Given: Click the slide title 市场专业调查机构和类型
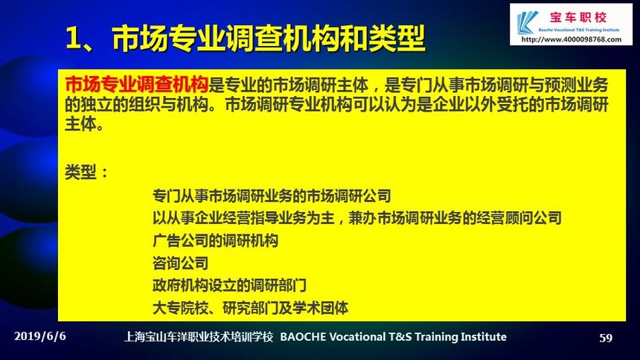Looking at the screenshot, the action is coord(269,39).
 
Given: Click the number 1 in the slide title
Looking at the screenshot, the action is coord(73,39).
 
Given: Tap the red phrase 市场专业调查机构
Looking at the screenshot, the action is coord(137,85).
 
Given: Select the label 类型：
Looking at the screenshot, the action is coord(87,172).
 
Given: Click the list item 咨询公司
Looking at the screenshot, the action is coord(180,263).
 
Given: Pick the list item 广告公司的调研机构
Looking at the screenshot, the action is coord(216,240).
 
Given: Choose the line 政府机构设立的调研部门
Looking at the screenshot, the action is coord(229,286).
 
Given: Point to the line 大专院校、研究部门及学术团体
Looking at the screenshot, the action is coord(251,308).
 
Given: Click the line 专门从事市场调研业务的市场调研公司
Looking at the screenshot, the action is coord(272,196).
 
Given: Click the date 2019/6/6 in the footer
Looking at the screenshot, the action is coord(40,336).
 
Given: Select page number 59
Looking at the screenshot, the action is coord(606,338).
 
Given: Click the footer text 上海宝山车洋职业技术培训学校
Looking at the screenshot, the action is coord(199,337).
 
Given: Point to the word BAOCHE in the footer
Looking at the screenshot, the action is coord(304,337).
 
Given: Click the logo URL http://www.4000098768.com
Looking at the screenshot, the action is coord(572,39).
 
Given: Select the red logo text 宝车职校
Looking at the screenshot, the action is coord(578,17).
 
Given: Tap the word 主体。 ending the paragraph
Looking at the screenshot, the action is coord(85,123).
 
